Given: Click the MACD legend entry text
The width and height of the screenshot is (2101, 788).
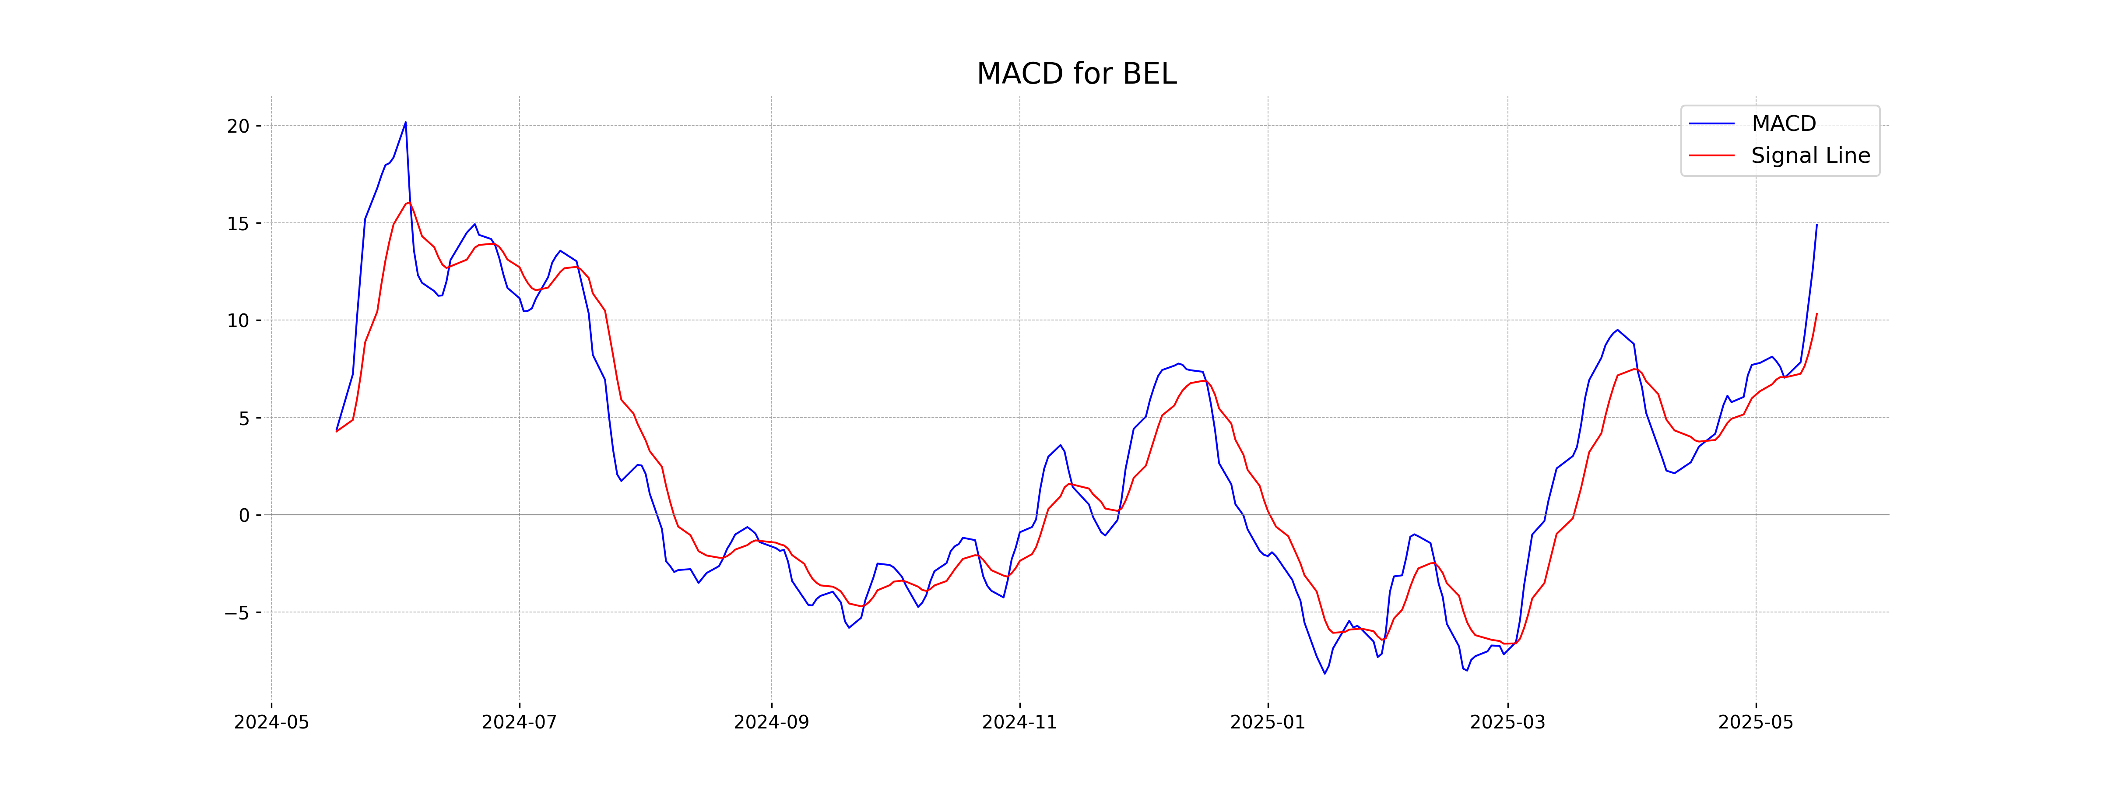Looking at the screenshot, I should pyautogui.click(x=1784, y=124).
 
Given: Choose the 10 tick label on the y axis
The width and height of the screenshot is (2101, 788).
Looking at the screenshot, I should pyautogui.click(x=238, y=320).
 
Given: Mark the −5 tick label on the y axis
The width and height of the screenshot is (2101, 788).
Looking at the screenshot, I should pyautogui.click(x=236, y=612).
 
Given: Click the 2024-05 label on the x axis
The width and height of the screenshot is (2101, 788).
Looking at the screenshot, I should pyautogui.click(x=271, y=723).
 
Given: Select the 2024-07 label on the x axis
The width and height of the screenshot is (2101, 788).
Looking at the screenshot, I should pyautogui.click(x=520, y=723).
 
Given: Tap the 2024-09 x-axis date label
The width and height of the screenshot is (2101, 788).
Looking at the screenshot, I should pyautogui.click(x=772, y=723).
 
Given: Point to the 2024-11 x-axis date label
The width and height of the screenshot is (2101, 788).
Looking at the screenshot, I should pyautogui.click(x=1019, y=723).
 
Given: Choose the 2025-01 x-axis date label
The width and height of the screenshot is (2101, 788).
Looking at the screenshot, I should pyautogui.click(x=1268, y=723).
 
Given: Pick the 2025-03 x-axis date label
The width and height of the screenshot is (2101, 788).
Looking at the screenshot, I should pyautogui.click(x=1507, y=723).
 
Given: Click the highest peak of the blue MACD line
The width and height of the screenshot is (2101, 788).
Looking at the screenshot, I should pyautogui.click(x=405, y=123).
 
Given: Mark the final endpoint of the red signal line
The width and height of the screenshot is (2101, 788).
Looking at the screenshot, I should pyautogui.click(x=1816, y=314).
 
